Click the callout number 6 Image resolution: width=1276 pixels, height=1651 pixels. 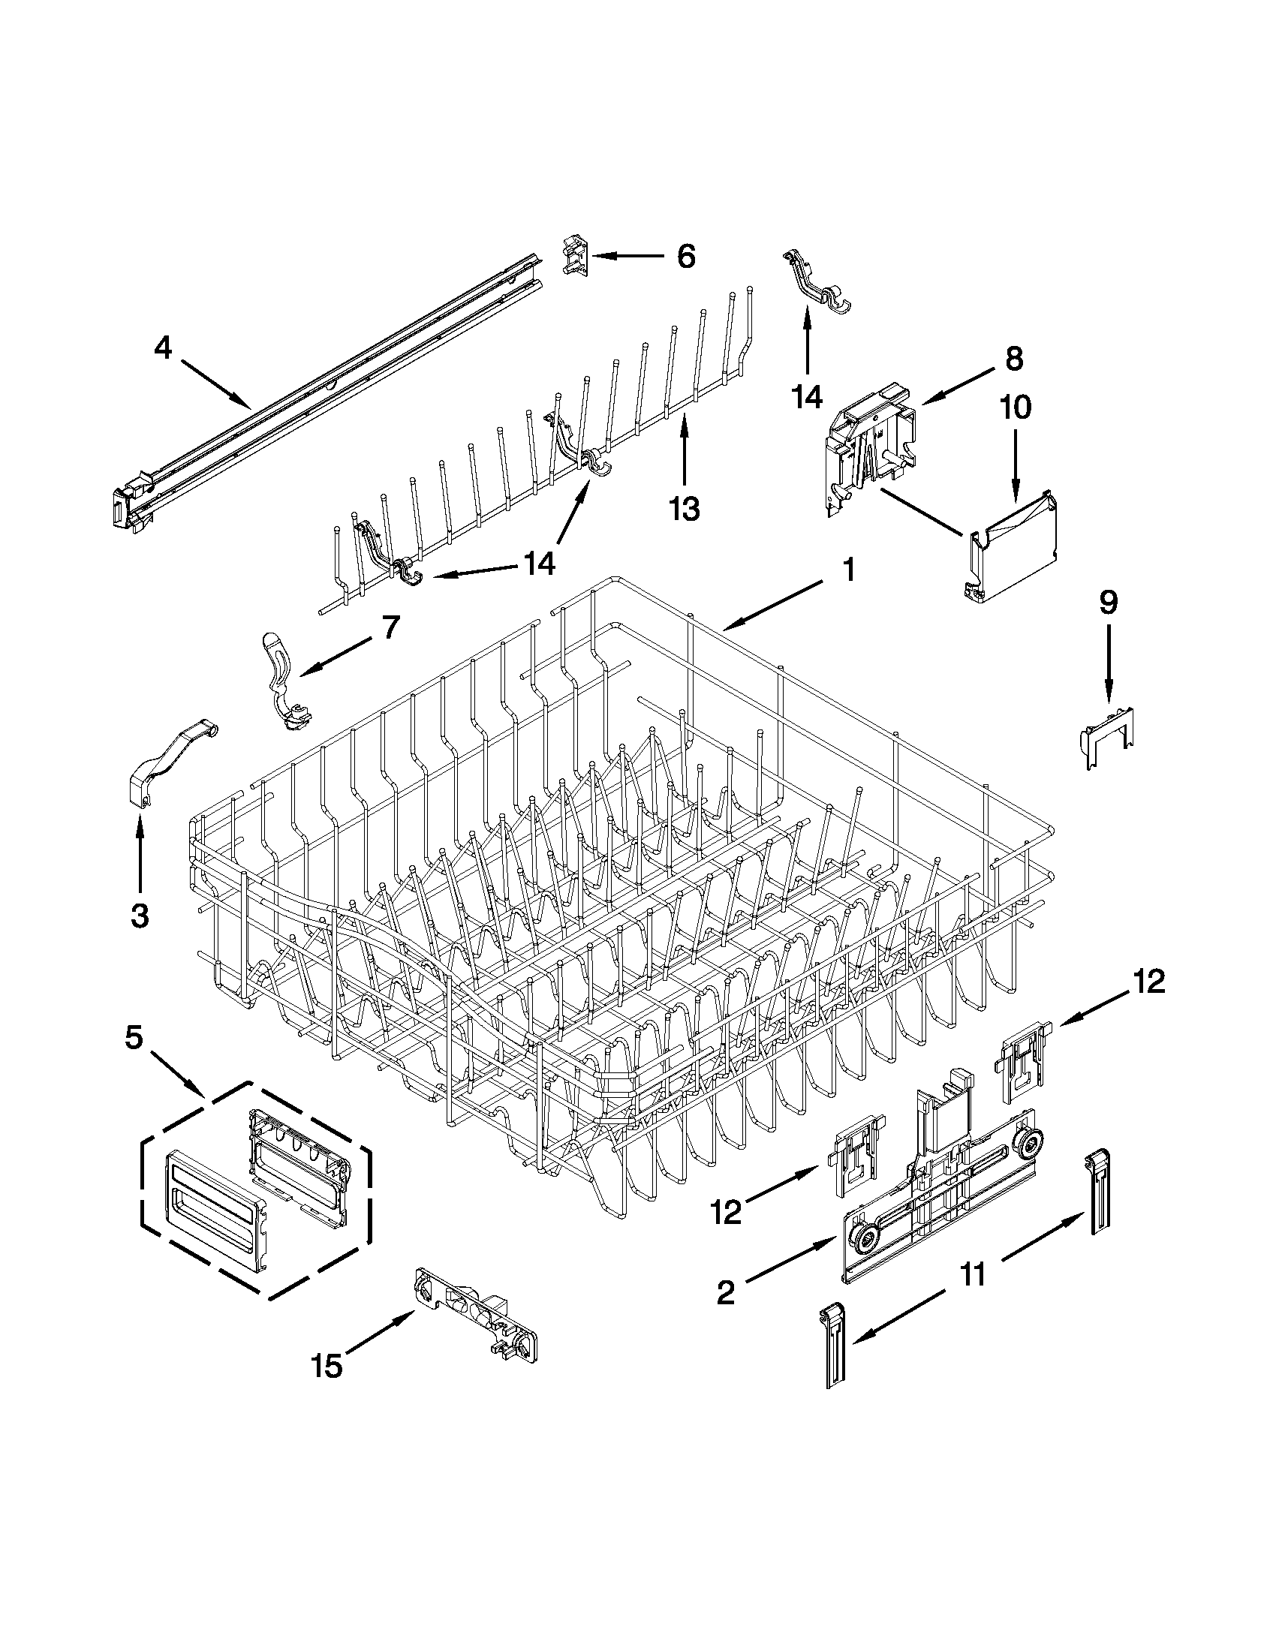pos(685,257)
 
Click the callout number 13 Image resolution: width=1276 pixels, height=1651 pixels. pos(684,509)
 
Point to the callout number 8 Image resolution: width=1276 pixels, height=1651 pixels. pos(1014,358)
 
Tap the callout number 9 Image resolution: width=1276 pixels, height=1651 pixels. pos(1108,603)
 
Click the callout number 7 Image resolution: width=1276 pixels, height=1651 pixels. pos(390,627)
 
